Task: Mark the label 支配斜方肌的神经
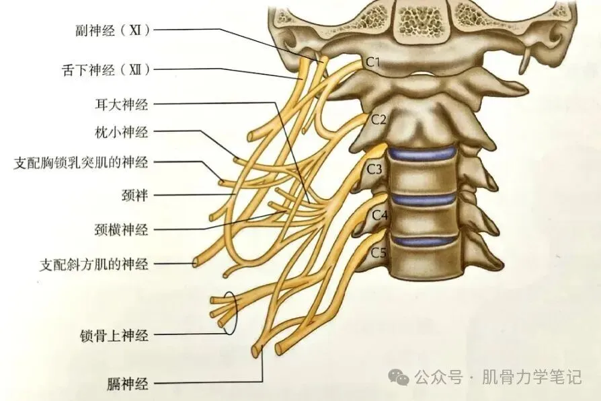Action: [93, 264]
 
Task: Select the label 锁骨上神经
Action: [114, 334]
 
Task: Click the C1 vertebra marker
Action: [374, 63]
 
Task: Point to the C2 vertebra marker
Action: [379, 120]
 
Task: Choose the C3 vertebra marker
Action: [374, 168]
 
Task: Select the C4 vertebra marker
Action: [380, 215]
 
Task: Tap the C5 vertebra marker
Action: [379, 253]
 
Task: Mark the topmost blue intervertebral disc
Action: [424, 154]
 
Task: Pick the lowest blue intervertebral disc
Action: [424, 240]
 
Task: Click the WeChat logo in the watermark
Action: [401, 377]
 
